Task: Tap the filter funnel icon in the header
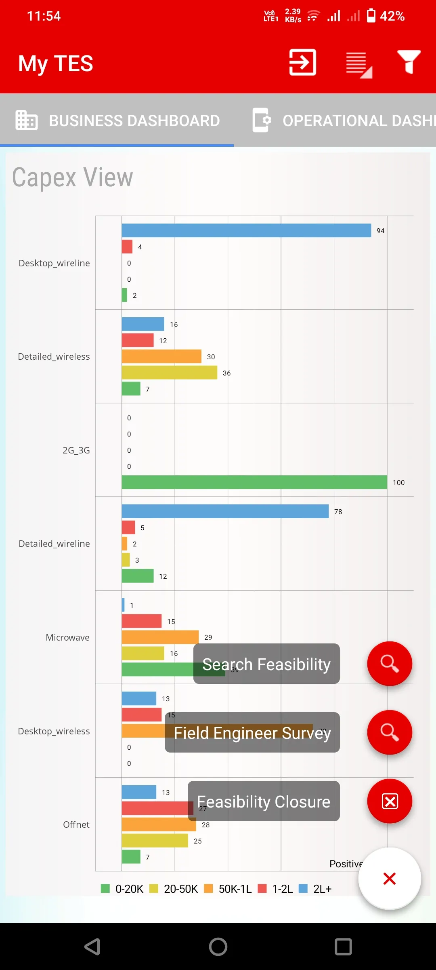coord(409,62)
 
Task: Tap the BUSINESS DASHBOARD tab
coord(117,120)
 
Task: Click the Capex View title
coord(73,177)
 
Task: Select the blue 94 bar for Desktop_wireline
coord(246,230)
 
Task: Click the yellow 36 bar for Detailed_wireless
coord(169,373)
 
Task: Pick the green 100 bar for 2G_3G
coord(254,482)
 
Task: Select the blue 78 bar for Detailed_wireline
coord(225,511)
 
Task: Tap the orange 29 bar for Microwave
coord(160,637)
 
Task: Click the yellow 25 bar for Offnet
coord(155,841)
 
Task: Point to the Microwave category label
coord(67,637)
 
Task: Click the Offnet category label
coord(76,824)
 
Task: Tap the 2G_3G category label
coord(76,450)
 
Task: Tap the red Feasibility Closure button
coord(390,801)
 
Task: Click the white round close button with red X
coord(390,878)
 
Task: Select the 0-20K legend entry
coord(122,889)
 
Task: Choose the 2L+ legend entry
coord(315,889)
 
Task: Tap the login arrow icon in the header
coord(302,62)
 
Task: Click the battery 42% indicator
coord(385,16)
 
